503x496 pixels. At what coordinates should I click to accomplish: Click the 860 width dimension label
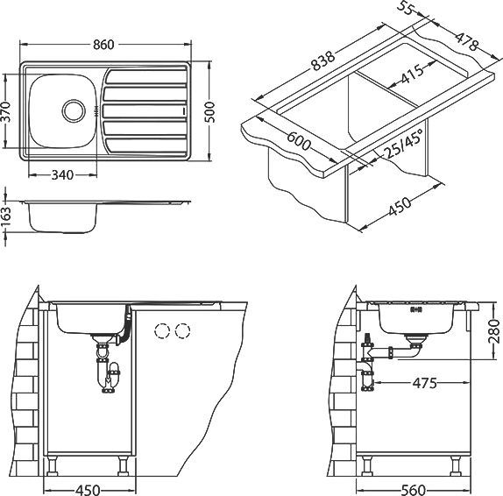click(x=103, y=45)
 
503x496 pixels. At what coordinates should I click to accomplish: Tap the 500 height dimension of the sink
click(x=209, y=112)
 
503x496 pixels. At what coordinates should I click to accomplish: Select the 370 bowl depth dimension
click(x=6, y=111)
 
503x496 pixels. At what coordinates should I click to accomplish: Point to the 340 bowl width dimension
click(x=62, y=175)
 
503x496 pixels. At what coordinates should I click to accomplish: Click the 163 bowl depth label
click(x=6, y=217)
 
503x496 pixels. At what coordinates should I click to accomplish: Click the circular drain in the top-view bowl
click(x=74, y=110)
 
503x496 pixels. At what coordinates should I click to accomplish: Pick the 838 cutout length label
click(x=323, y=61)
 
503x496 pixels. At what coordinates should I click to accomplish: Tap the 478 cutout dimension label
click(x=467, y=41)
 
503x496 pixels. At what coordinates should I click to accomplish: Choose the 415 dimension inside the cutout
click(x=412, y=74)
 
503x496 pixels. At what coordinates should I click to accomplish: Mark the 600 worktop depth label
click(x=299, y=141)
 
